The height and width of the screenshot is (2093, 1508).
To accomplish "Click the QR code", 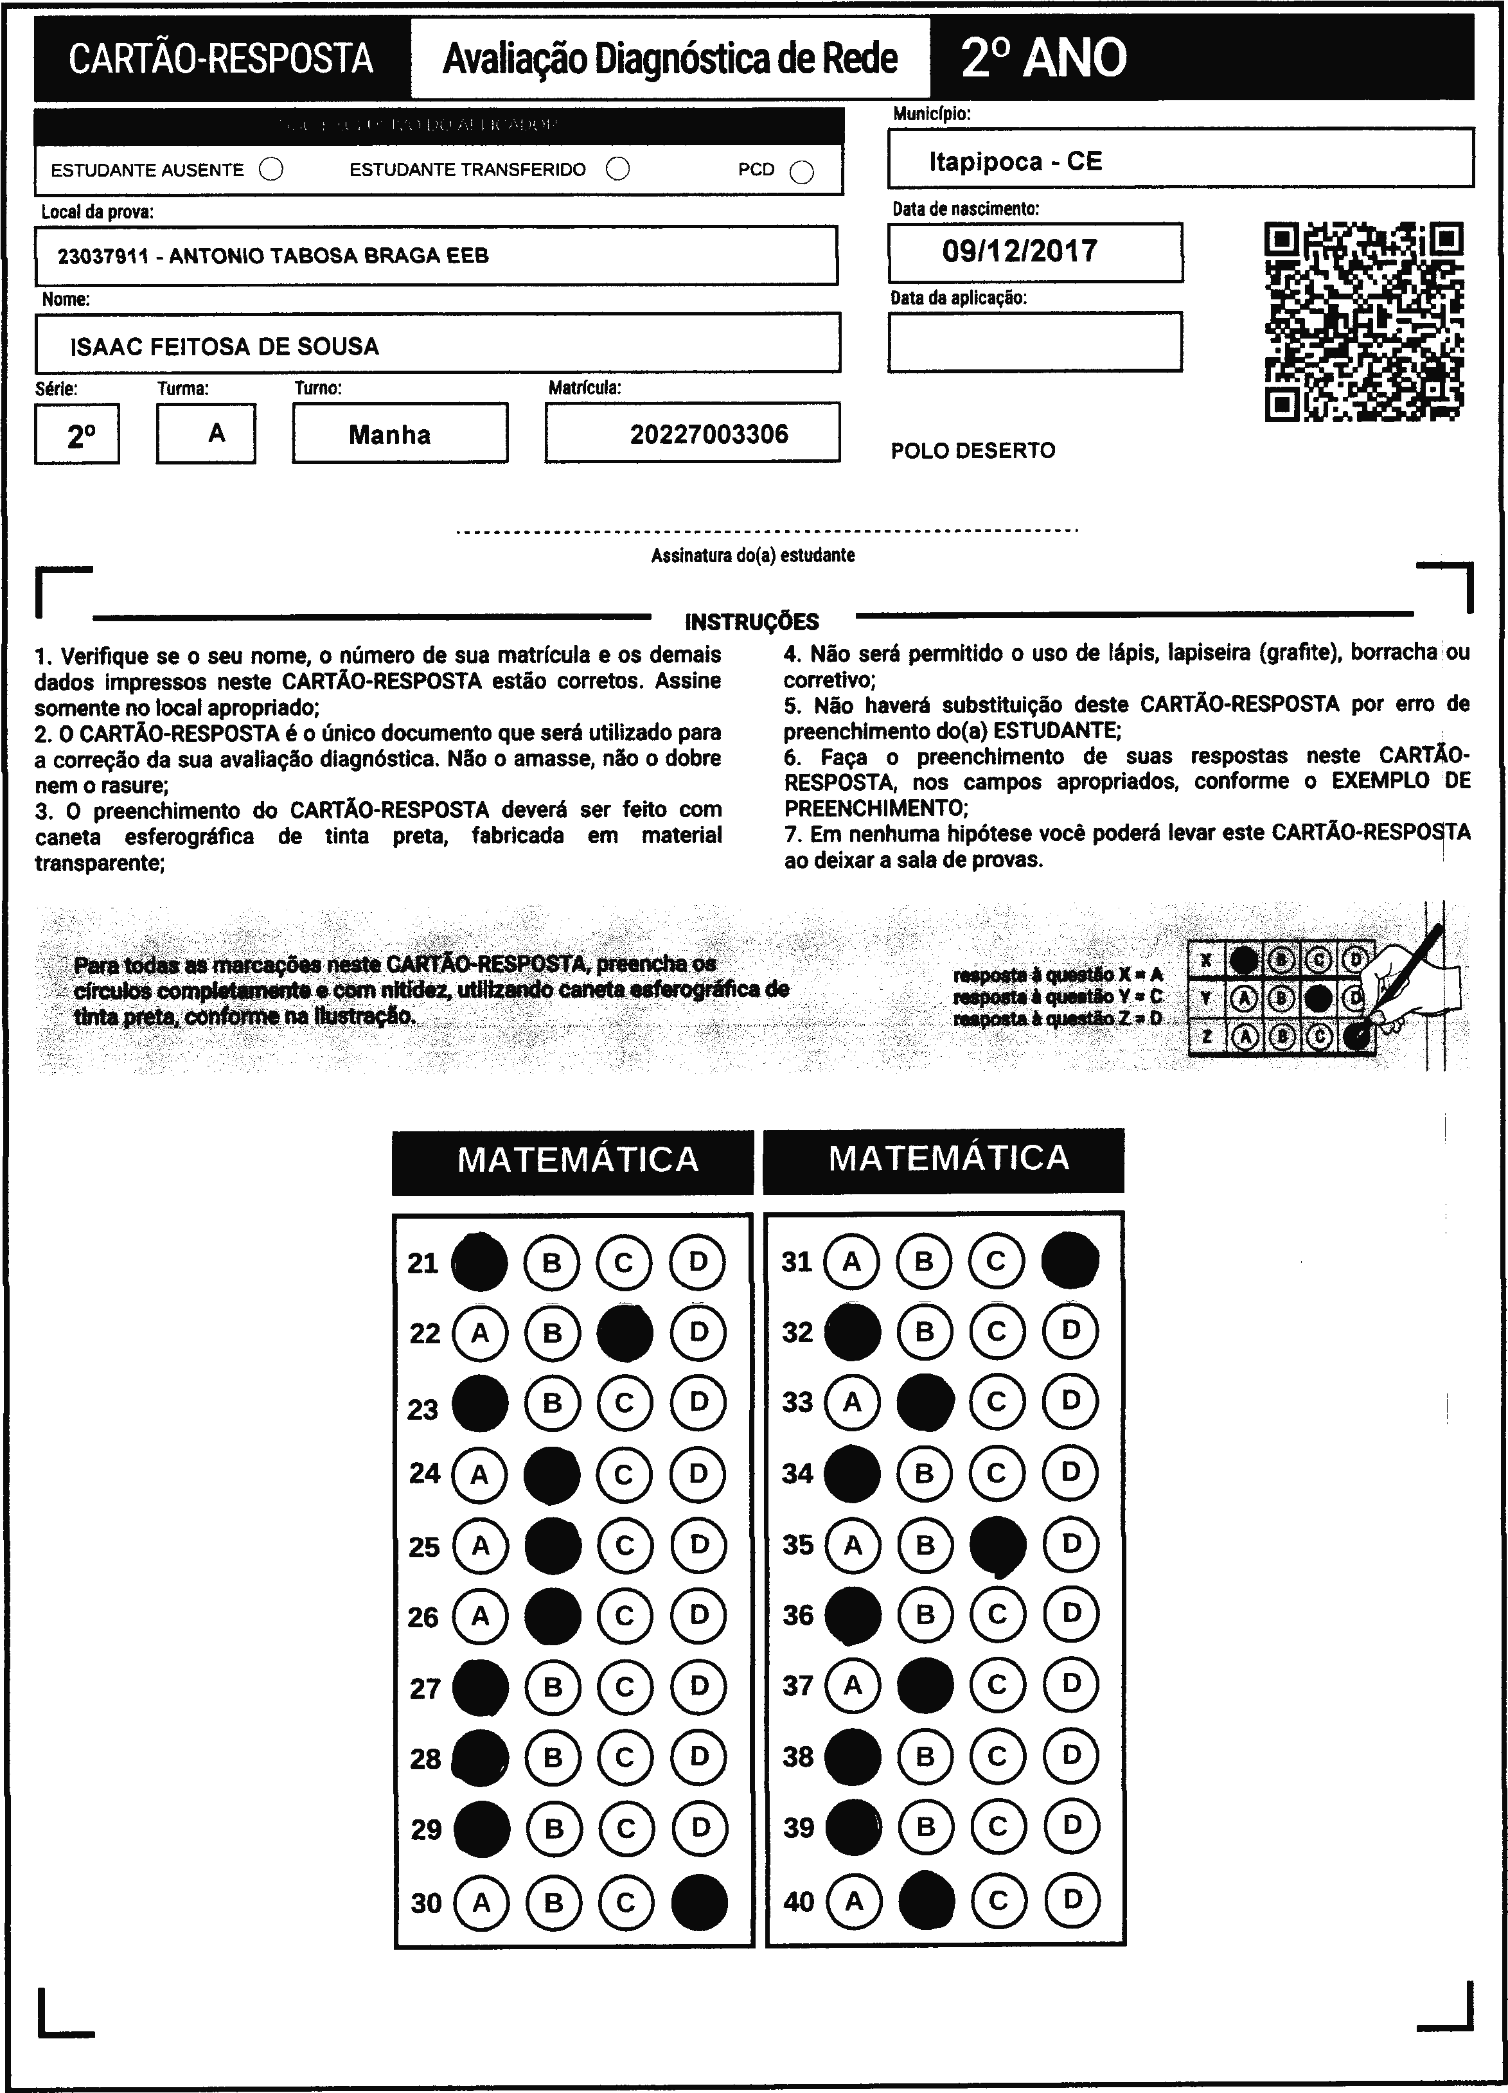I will point(1363,321).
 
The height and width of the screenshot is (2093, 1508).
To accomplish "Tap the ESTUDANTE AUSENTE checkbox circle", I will point(271,170).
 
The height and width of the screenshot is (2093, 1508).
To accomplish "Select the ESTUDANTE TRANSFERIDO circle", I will point(618,169).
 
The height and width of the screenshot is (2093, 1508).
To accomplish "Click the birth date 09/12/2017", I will point(1020,251).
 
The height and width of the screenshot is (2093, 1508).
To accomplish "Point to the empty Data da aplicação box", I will point(1034,342).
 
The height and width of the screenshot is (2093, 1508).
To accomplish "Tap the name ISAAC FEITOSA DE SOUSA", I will point(224,347).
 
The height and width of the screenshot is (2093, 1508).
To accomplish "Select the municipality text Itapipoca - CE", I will point(1015,161).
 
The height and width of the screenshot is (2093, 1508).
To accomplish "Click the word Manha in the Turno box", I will point(389,435).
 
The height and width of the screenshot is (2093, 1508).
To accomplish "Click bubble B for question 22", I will point(552,1332).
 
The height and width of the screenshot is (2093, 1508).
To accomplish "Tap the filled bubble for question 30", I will point(700,1902).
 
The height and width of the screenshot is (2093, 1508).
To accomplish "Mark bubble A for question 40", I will point(854,1900).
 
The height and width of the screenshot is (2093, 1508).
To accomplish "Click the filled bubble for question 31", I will point(1070,1260).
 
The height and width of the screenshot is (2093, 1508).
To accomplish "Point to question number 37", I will point(798,1685).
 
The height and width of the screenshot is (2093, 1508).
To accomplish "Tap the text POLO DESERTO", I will point(973,451).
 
